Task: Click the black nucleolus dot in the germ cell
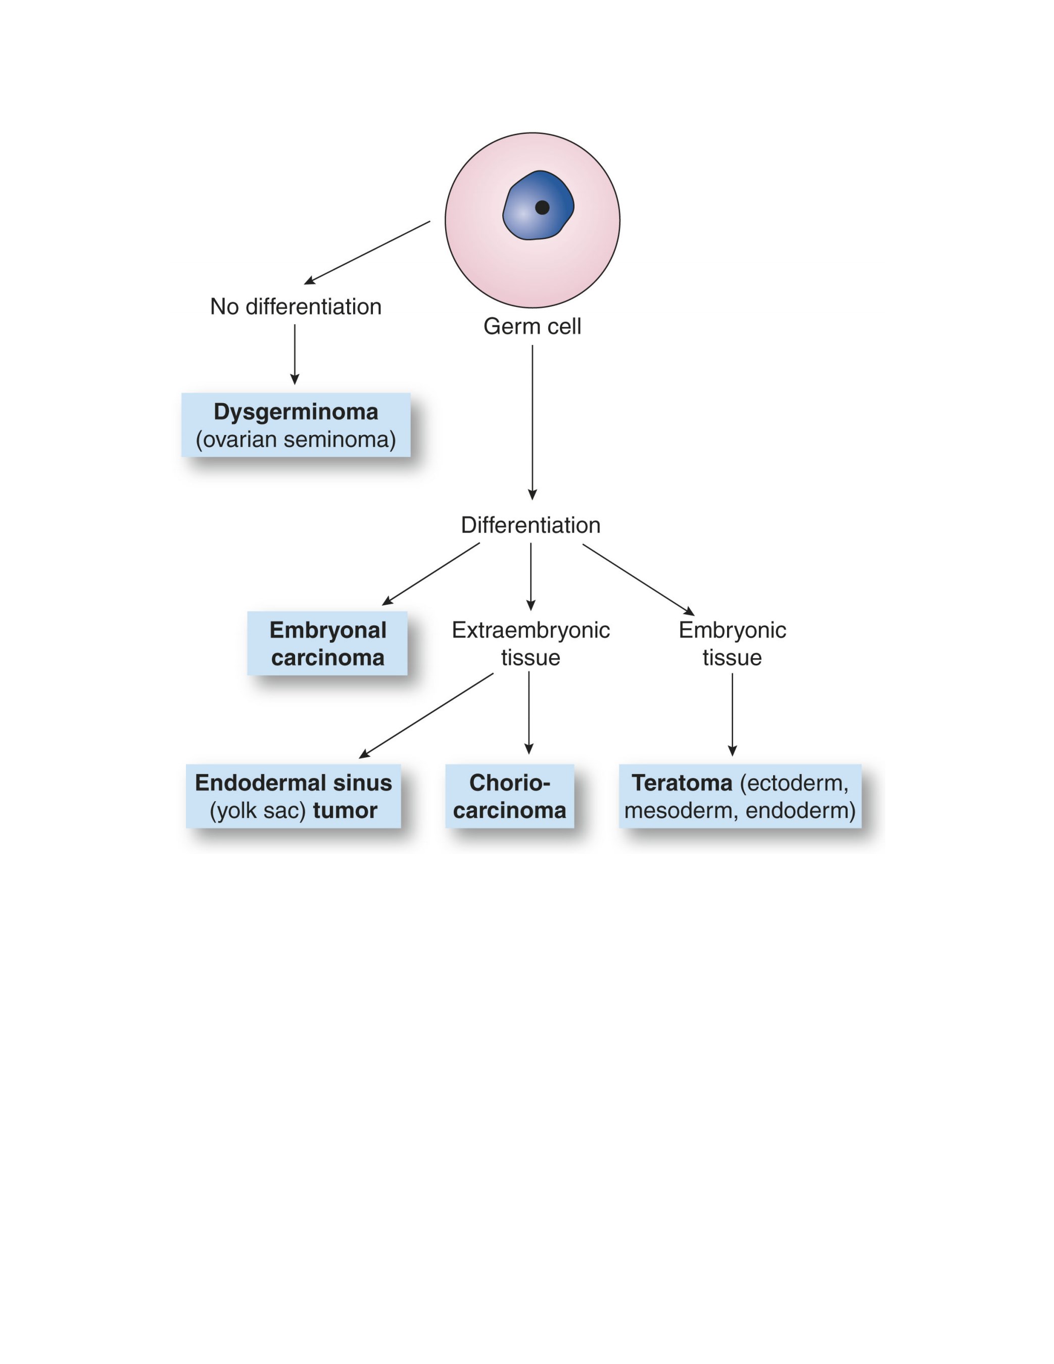(x=542, y=207)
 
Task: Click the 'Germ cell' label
(x=533, y=326)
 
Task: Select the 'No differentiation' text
(x=296, y=307)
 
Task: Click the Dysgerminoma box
(x=296, y=425)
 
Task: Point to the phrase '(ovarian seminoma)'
(x=296, y=440)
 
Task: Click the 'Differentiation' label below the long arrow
(x=531, y=525)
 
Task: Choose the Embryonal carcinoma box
(x=327, y=643)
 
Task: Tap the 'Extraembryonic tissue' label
(x=531, y=643)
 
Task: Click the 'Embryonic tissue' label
(x=732, y=643)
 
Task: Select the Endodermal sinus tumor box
(x=294, y=796)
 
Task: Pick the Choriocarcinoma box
(x=510, y=796)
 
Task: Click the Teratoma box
(x=740, y=796)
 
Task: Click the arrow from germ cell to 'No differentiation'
(x=367, y=252)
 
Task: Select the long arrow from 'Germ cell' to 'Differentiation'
(x=533, y=422)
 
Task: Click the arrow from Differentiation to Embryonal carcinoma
(x=431, y=574)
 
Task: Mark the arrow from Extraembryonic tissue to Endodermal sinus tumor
(x=426, y=716)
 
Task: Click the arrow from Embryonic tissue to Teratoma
(x=732, y=714)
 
